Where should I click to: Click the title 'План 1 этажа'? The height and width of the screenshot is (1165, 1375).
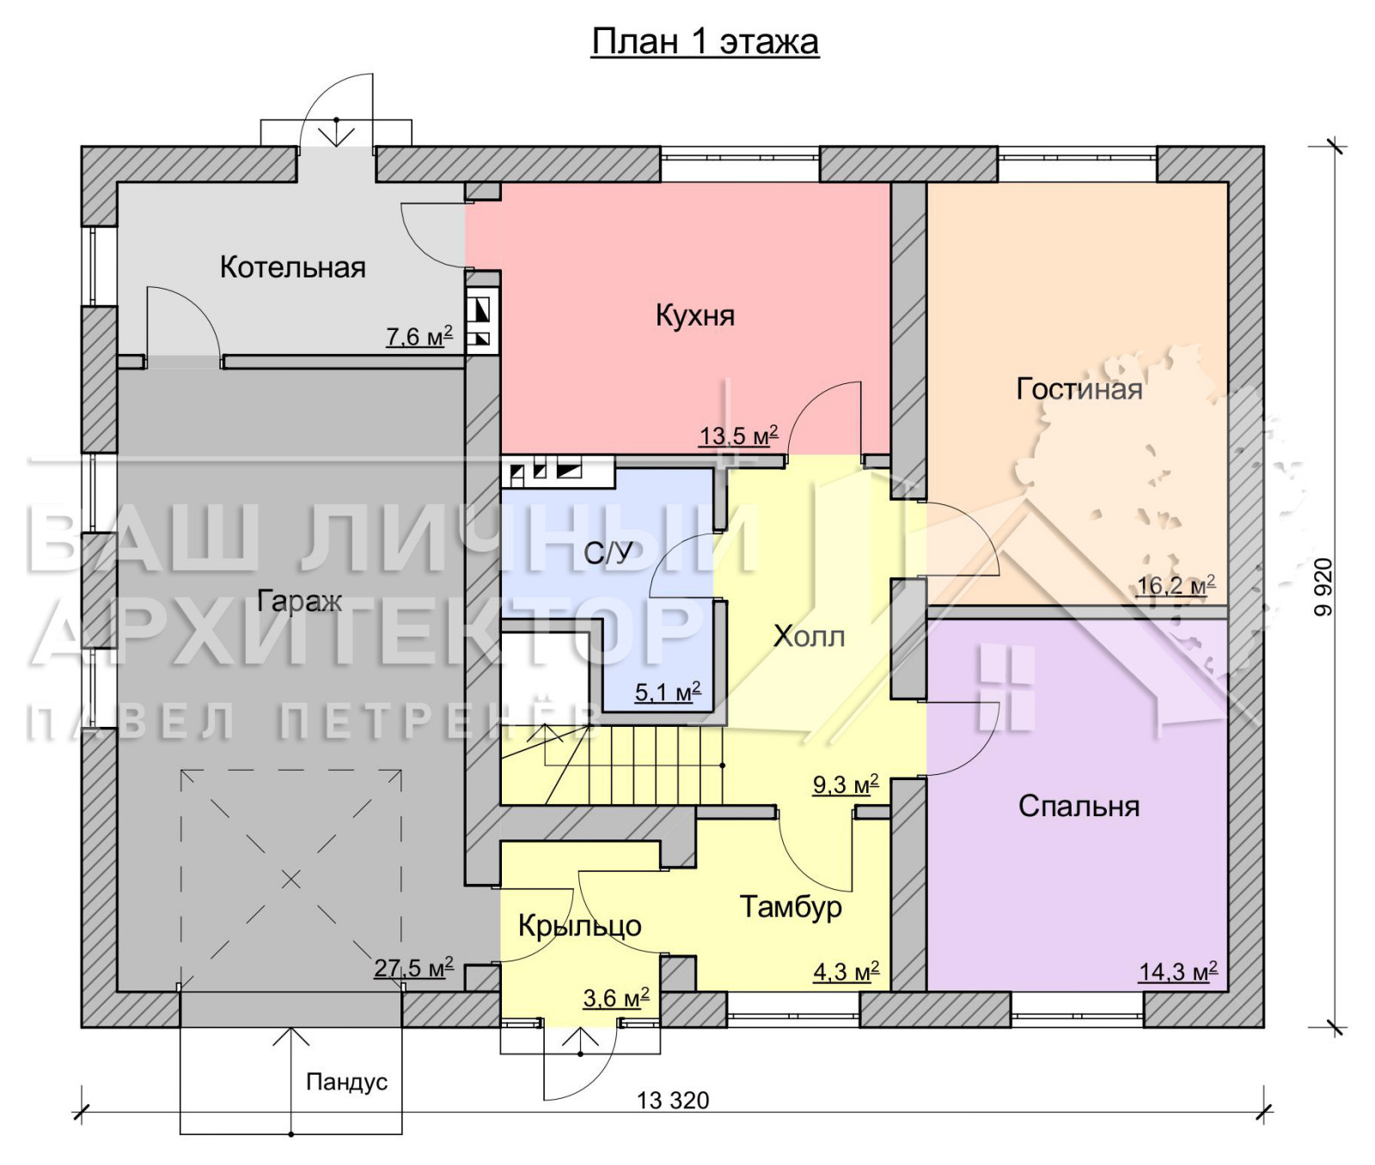tap(705, 41)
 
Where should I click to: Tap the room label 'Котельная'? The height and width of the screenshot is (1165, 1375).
tap(293, 267)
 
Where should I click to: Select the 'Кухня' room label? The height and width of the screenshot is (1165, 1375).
tap(695, 315)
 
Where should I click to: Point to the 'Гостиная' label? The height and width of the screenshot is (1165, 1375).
tap(1079, 389)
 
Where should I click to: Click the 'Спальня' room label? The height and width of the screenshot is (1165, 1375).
tap(1079, 806)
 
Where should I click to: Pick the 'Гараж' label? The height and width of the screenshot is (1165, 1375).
tap(300, 601)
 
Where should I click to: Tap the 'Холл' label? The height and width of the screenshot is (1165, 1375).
tap(809, 637)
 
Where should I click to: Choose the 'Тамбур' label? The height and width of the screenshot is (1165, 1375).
tap(791, 907)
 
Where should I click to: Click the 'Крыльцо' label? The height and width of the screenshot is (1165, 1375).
tap(580, 925)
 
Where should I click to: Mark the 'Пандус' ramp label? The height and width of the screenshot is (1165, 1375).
tap(347, 1082)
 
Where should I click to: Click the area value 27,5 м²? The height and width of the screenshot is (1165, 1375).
tap(413, 968)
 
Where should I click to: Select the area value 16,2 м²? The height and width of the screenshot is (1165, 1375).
tap(1176, 586)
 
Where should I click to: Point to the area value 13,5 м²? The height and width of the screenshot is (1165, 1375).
tap(739, 436)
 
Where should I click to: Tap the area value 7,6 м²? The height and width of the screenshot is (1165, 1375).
tap(419, 336)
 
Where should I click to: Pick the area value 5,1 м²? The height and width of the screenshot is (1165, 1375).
tap(668, 692)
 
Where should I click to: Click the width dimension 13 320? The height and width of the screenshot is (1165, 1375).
tap(673, 1101)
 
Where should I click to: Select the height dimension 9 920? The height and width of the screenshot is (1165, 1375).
tap(1323, 587)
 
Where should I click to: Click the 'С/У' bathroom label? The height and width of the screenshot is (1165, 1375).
tap(608, 553)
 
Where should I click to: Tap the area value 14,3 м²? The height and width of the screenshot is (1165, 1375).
tap(1178, 972)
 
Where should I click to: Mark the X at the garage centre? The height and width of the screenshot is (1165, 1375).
tap(291, 879)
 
